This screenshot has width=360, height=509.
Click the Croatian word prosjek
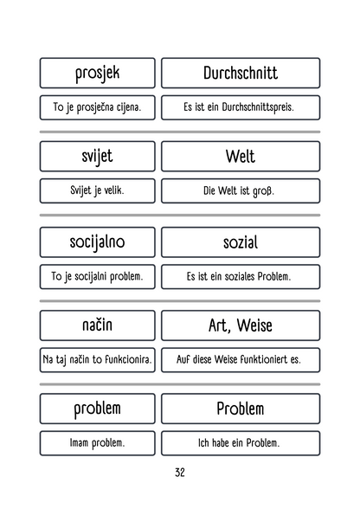[97, 73]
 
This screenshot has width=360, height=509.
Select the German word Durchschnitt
[240, 73]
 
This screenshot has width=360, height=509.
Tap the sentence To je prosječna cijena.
[97, 108]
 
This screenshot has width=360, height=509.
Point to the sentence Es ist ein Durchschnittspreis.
[240, 108]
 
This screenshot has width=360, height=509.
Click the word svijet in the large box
[97, 157]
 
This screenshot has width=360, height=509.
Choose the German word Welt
[240, 157]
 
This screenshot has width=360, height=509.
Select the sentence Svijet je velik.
[97, 191]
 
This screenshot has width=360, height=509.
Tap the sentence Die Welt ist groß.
[240, 191]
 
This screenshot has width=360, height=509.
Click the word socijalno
[97, 242]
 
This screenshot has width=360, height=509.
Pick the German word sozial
[240, 242]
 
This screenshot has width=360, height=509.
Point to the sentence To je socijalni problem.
[97, 277]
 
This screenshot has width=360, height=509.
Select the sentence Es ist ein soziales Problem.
[240, 277]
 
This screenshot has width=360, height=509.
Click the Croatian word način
[97, 325]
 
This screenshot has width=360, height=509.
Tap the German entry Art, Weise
[240, 325]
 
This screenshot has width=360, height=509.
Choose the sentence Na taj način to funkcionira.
[97, 359]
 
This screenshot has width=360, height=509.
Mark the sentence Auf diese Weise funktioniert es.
[240, 359]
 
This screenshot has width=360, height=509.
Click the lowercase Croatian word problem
[97, 408]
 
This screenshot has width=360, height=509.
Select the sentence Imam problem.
[97, 442]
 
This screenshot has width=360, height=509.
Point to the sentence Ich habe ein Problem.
[240, 442]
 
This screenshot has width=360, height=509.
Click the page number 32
[179, 473]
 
